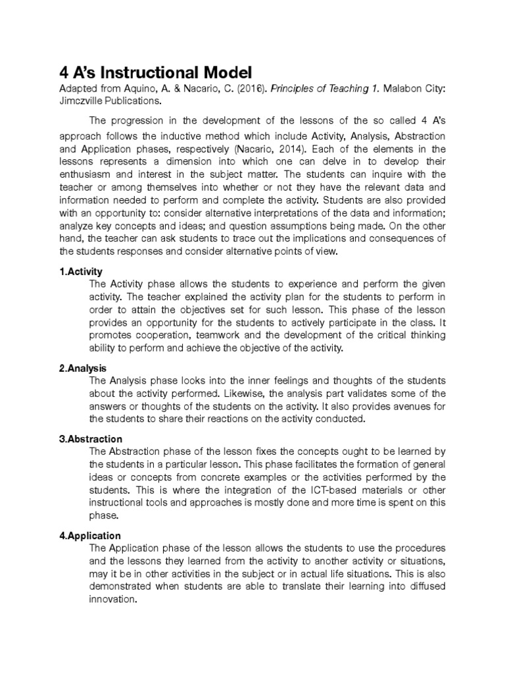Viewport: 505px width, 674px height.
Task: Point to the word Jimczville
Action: pos(85,101)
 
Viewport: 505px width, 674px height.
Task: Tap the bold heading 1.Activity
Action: pos(81,271)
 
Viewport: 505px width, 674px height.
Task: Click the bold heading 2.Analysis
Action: pos(83,368)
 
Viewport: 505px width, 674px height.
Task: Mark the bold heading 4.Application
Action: pos(90,536)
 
